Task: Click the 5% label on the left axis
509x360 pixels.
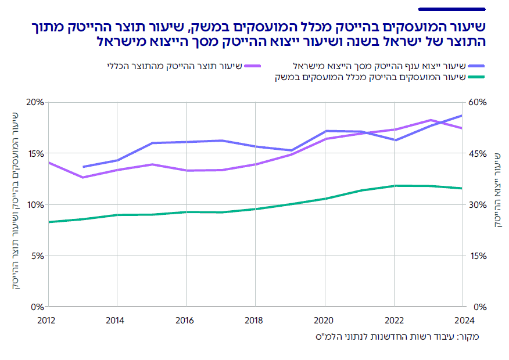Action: point(38,255)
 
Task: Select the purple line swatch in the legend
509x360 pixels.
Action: point(253,66)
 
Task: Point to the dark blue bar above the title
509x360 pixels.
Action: point(451,9)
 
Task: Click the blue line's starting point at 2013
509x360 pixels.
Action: point(83,167)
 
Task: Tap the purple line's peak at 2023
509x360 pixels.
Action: point(430,120)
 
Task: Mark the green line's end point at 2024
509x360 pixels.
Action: point(462,188)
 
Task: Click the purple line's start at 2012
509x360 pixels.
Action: point(49,163)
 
